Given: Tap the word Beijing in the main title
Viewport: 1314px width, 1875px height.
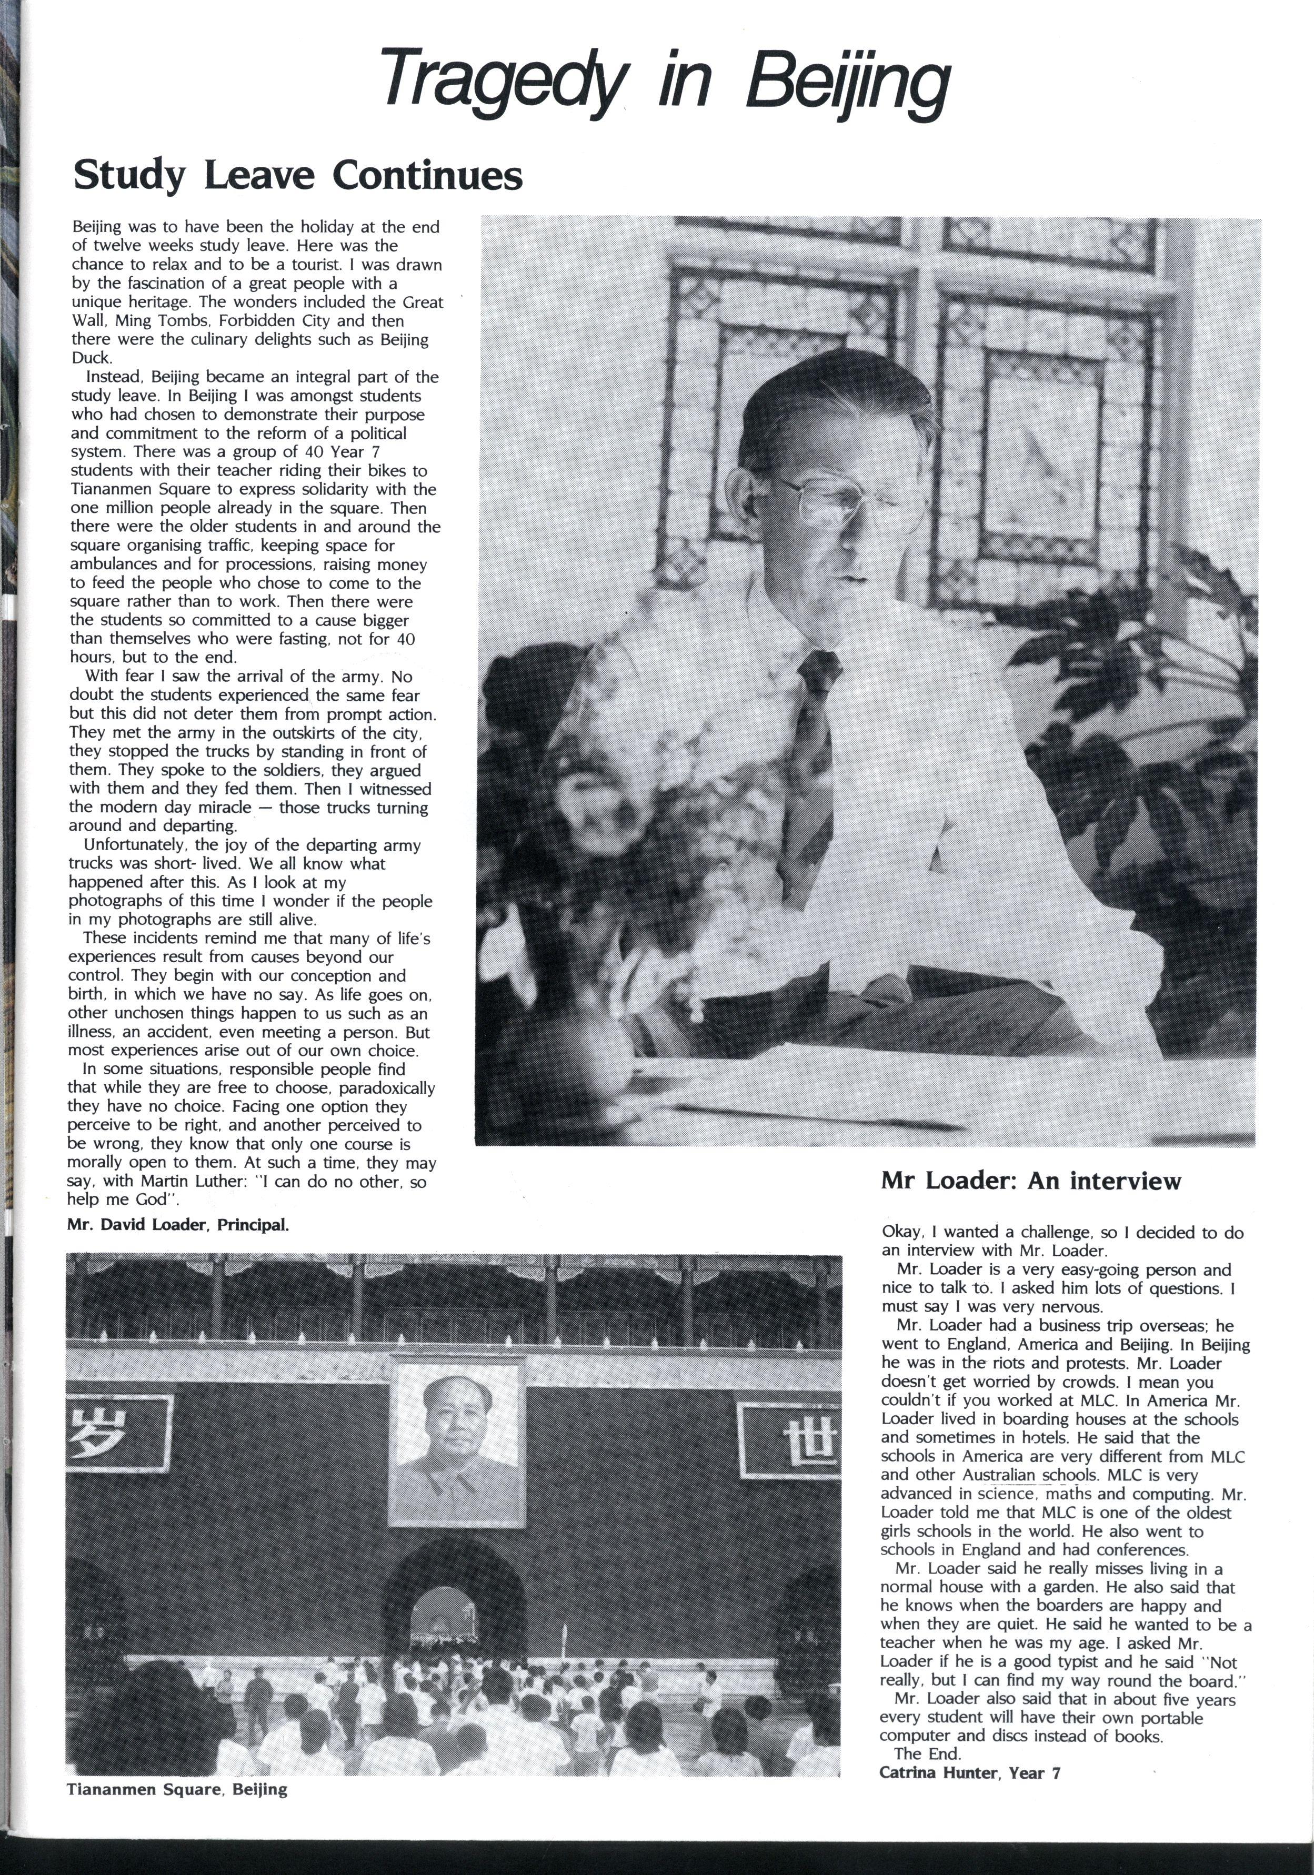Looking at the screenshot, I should tap(849, 82).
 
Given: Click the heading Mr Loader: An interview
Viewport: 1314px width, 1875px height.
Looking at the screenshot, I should tap(1030, 1181).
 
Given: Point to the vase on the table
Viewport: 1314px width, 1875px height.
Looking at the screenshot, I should tap(564, 1053).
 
